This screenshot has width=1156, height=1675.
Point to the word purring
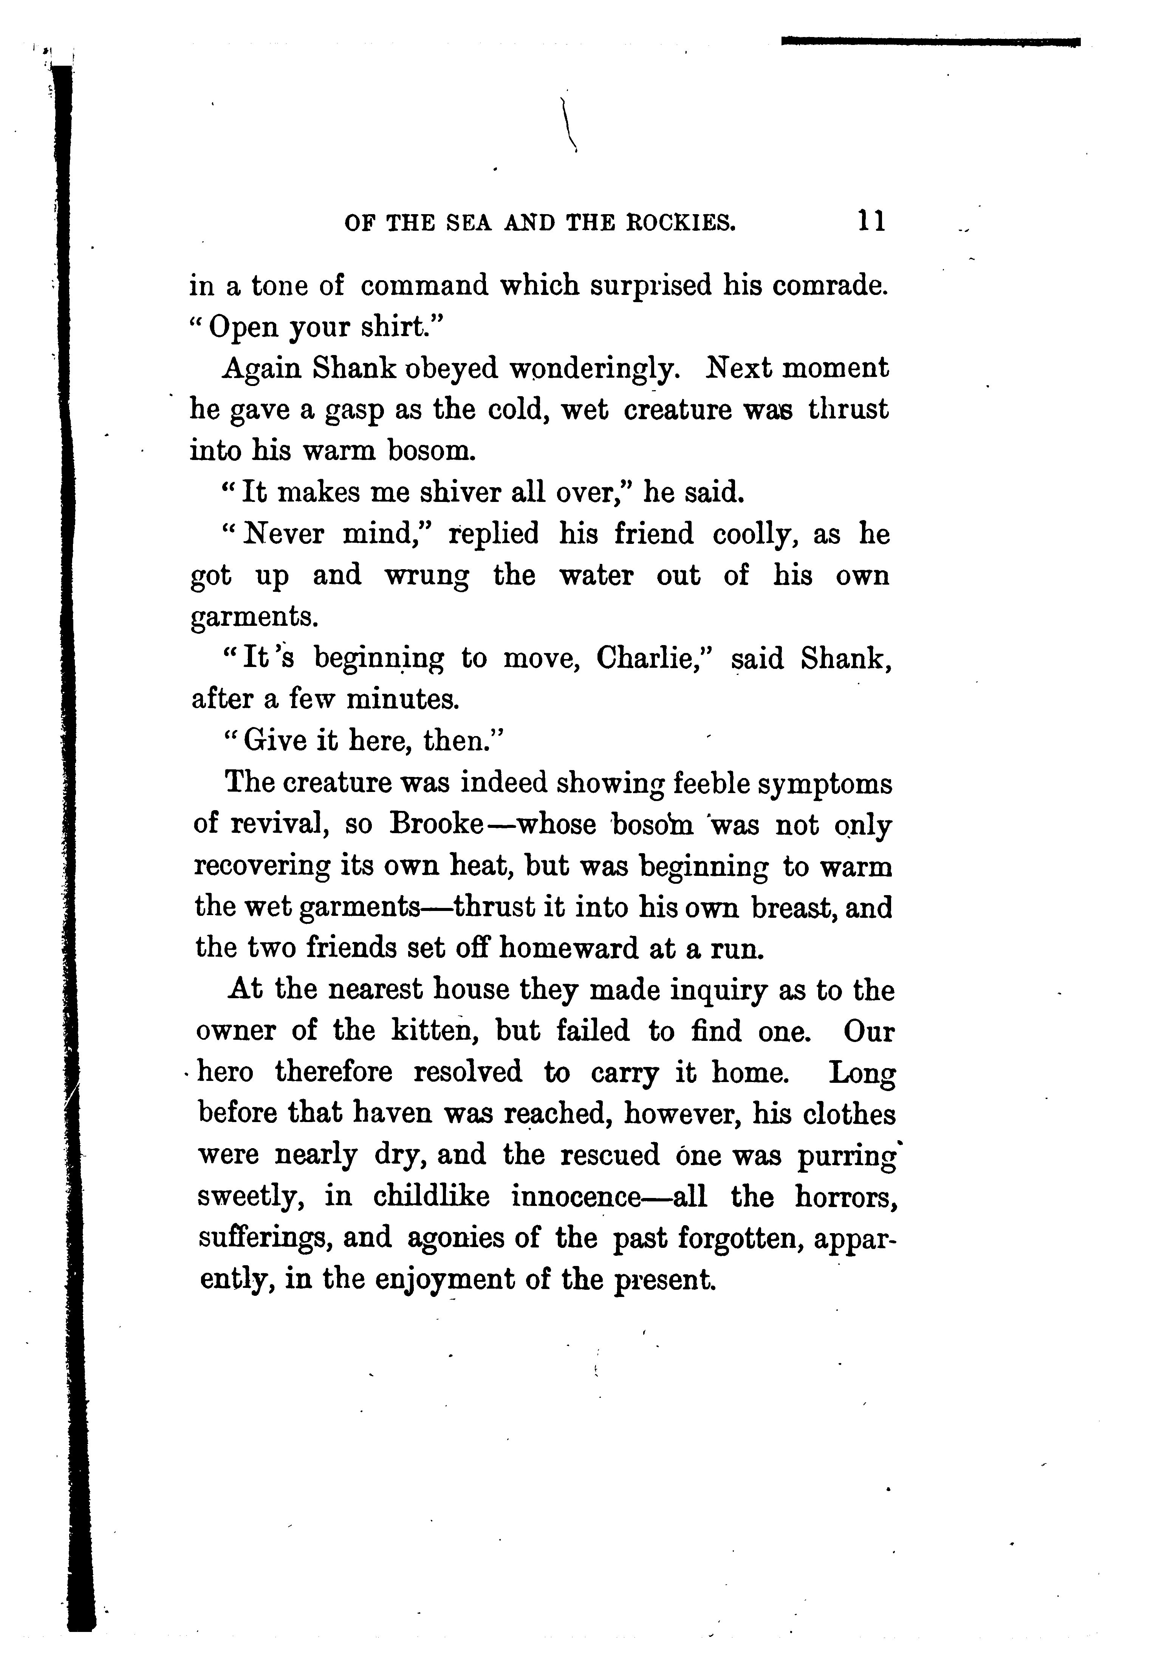coord(847,1156)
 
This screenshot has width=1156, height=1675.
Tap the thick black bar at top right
coord(931,42)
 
